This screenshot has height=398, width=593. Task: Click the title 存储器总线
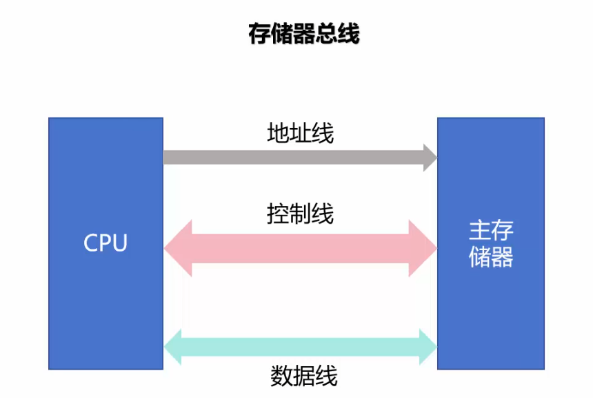304,33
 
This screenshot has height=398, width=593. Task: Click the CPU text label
105,243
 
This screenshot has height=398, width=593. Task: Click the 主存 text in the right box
491,231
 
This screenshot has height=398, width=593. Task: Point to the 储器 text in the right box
491,257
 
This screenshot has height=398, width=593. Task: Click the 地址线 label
300,133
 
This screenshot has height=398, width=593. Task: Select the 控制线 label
300,214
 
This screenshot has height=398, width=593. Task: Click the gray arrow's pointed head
430,158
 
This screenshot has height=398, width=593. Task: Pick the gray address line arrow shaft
290,158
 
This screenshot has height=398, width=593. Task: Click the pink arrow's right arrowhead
423,248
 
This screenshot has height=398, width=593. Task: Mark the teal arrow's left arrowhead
172,347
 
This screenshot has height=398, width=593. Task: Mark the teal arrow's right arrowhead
428,347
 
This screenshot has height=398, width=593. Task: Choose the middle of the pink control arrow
300,248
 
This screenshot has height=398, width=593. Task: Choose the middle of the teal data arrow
300,347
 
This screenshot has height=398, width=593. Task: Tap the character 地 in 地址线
277,133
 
